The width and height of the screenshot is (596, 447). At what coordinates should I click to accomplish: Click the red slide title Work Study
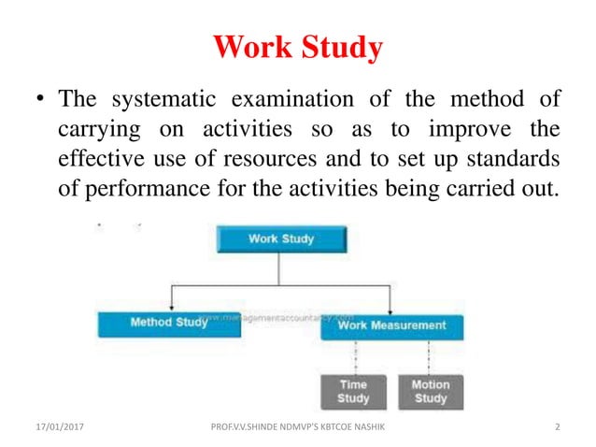coord(298,48)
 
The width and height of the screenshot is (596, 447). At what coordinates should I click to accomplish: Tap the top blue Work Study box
coord(280,238)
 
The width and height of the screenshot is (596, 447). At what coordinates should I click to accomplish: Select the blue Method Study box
coord(169,324)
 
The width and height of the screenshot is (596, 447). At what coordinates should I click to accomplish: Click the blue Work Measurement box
coord(391,324)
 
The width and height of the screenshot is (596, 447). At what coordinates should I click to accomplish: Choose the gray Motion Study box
coord(431,392)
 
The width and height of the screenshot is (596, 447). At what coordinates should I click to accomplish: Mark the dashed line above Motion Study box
coord(429,356)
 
